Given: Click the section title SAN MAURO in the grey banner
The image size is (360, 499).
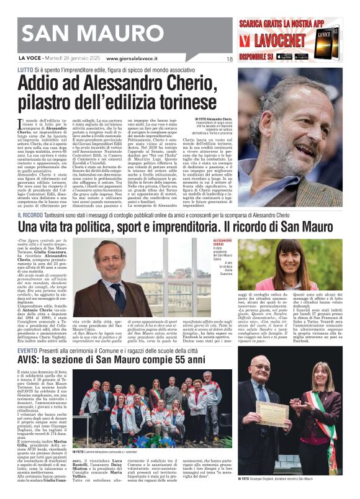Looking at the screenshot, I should [81, 36].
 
